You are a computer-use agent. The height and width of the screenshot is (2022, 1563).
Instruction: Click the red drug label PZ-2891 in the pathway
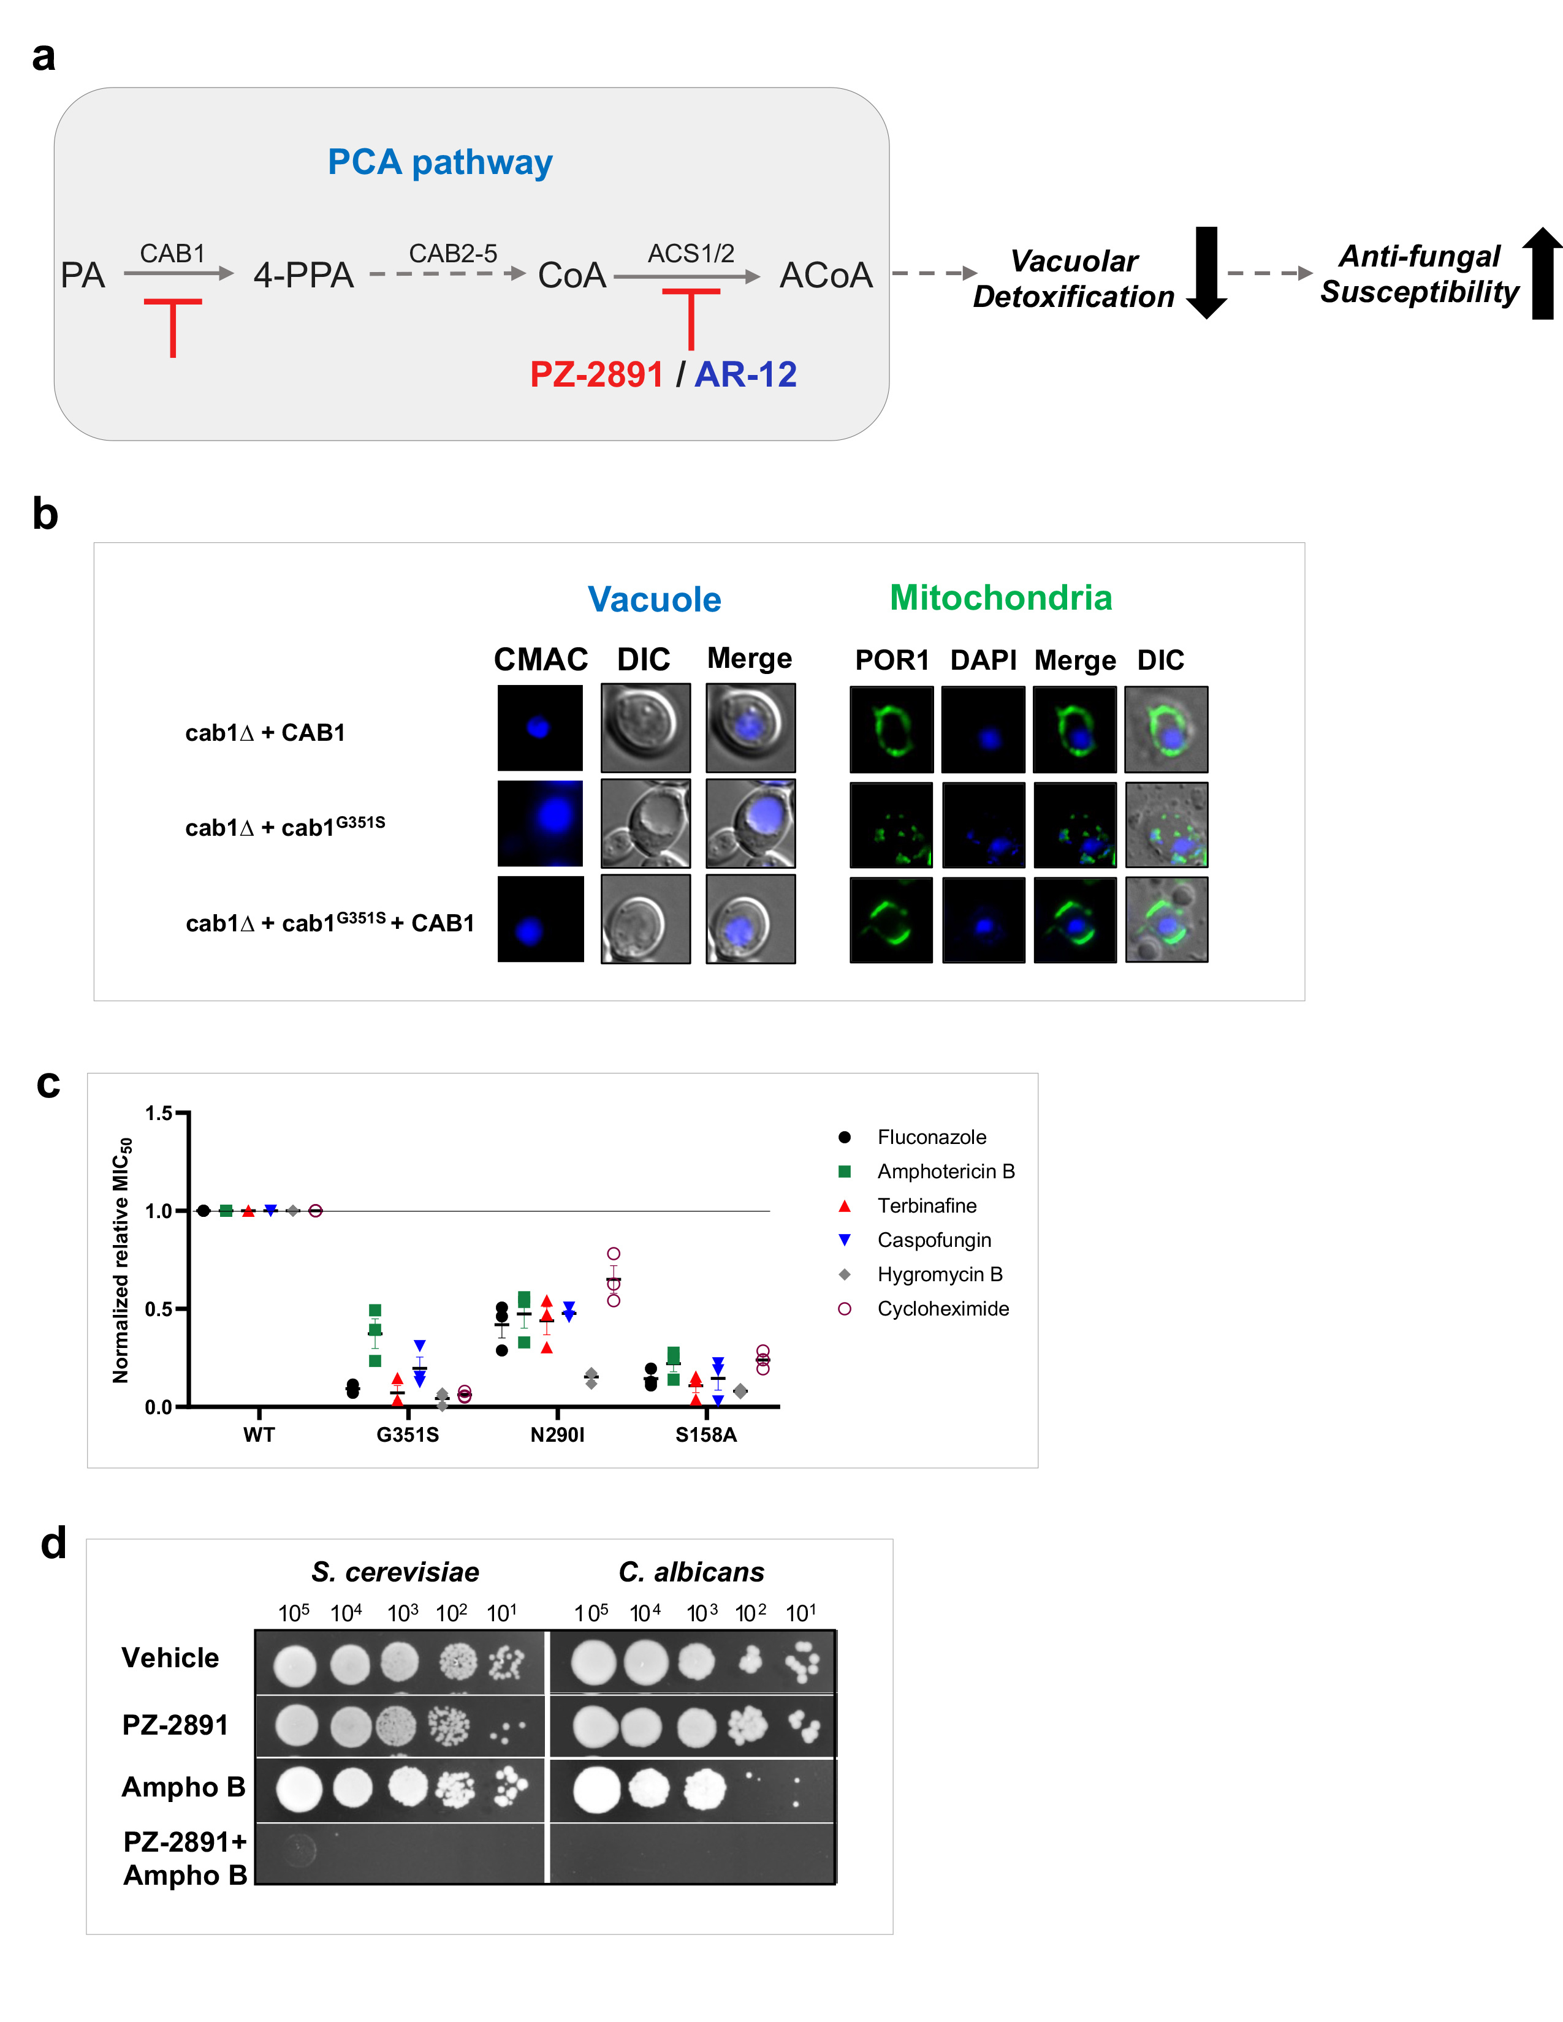pyautogui.click(x=596, y=375)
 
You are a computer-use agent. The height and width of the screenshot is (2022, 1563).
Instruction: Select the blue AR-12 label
pyautogui.click(x=745, y=375)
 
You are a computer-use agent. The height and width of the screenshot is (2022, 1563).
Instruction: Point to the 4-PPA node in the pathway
pyautogui.click(x=303, y=275)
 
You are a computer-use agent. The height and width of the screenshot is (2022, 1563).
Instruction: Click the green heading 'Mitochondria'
pyautogui.click(x=1000, y=598)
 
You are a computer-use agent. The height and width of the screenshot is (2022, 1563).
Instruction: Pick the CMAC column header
pyautogui.click(x=541, y=659)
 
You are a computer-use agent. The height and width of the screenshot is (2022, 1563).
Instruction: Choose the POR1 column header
pyautogui.click(x=892, y=660)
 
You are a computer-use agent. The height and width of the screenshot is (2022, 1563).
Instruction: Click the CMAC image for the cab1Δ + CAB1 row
pyautogui.click(x=540, y=728)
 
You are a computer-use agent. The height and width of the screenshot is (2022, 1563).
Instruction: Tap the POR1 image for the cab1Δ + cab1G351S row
pyautogui.click(x=891, y=825)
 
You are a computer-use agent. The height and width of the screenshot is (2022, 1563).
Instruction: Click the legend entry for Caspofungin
pyautogui.click(x=934, y=1240)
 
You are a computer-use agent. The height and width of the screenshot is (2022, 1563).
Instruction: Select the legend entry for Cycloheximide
pyautogui.click(x=943, y=1308)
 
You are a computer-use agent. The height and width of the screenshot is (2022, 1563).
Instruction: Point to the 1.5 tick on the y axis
pyautogui.click(x=159, y=1113)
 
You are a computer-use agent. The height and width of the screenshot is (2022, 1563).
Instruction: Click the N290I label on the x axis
pyautogui.click(x=557, y=1434)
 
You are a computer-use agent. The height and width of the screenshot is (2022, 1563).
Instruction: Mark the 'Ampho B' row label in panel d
pyautogui.click(x=183, y=1787)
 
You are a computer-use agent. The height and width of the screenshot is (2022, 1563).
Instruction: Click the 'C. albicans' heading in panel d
pyautogui.click(x=691, y=1572)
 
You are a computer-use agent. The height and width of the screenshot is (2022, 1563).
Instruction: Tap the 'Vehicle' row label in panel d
pyautogui.click(x=170, y=1657)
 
